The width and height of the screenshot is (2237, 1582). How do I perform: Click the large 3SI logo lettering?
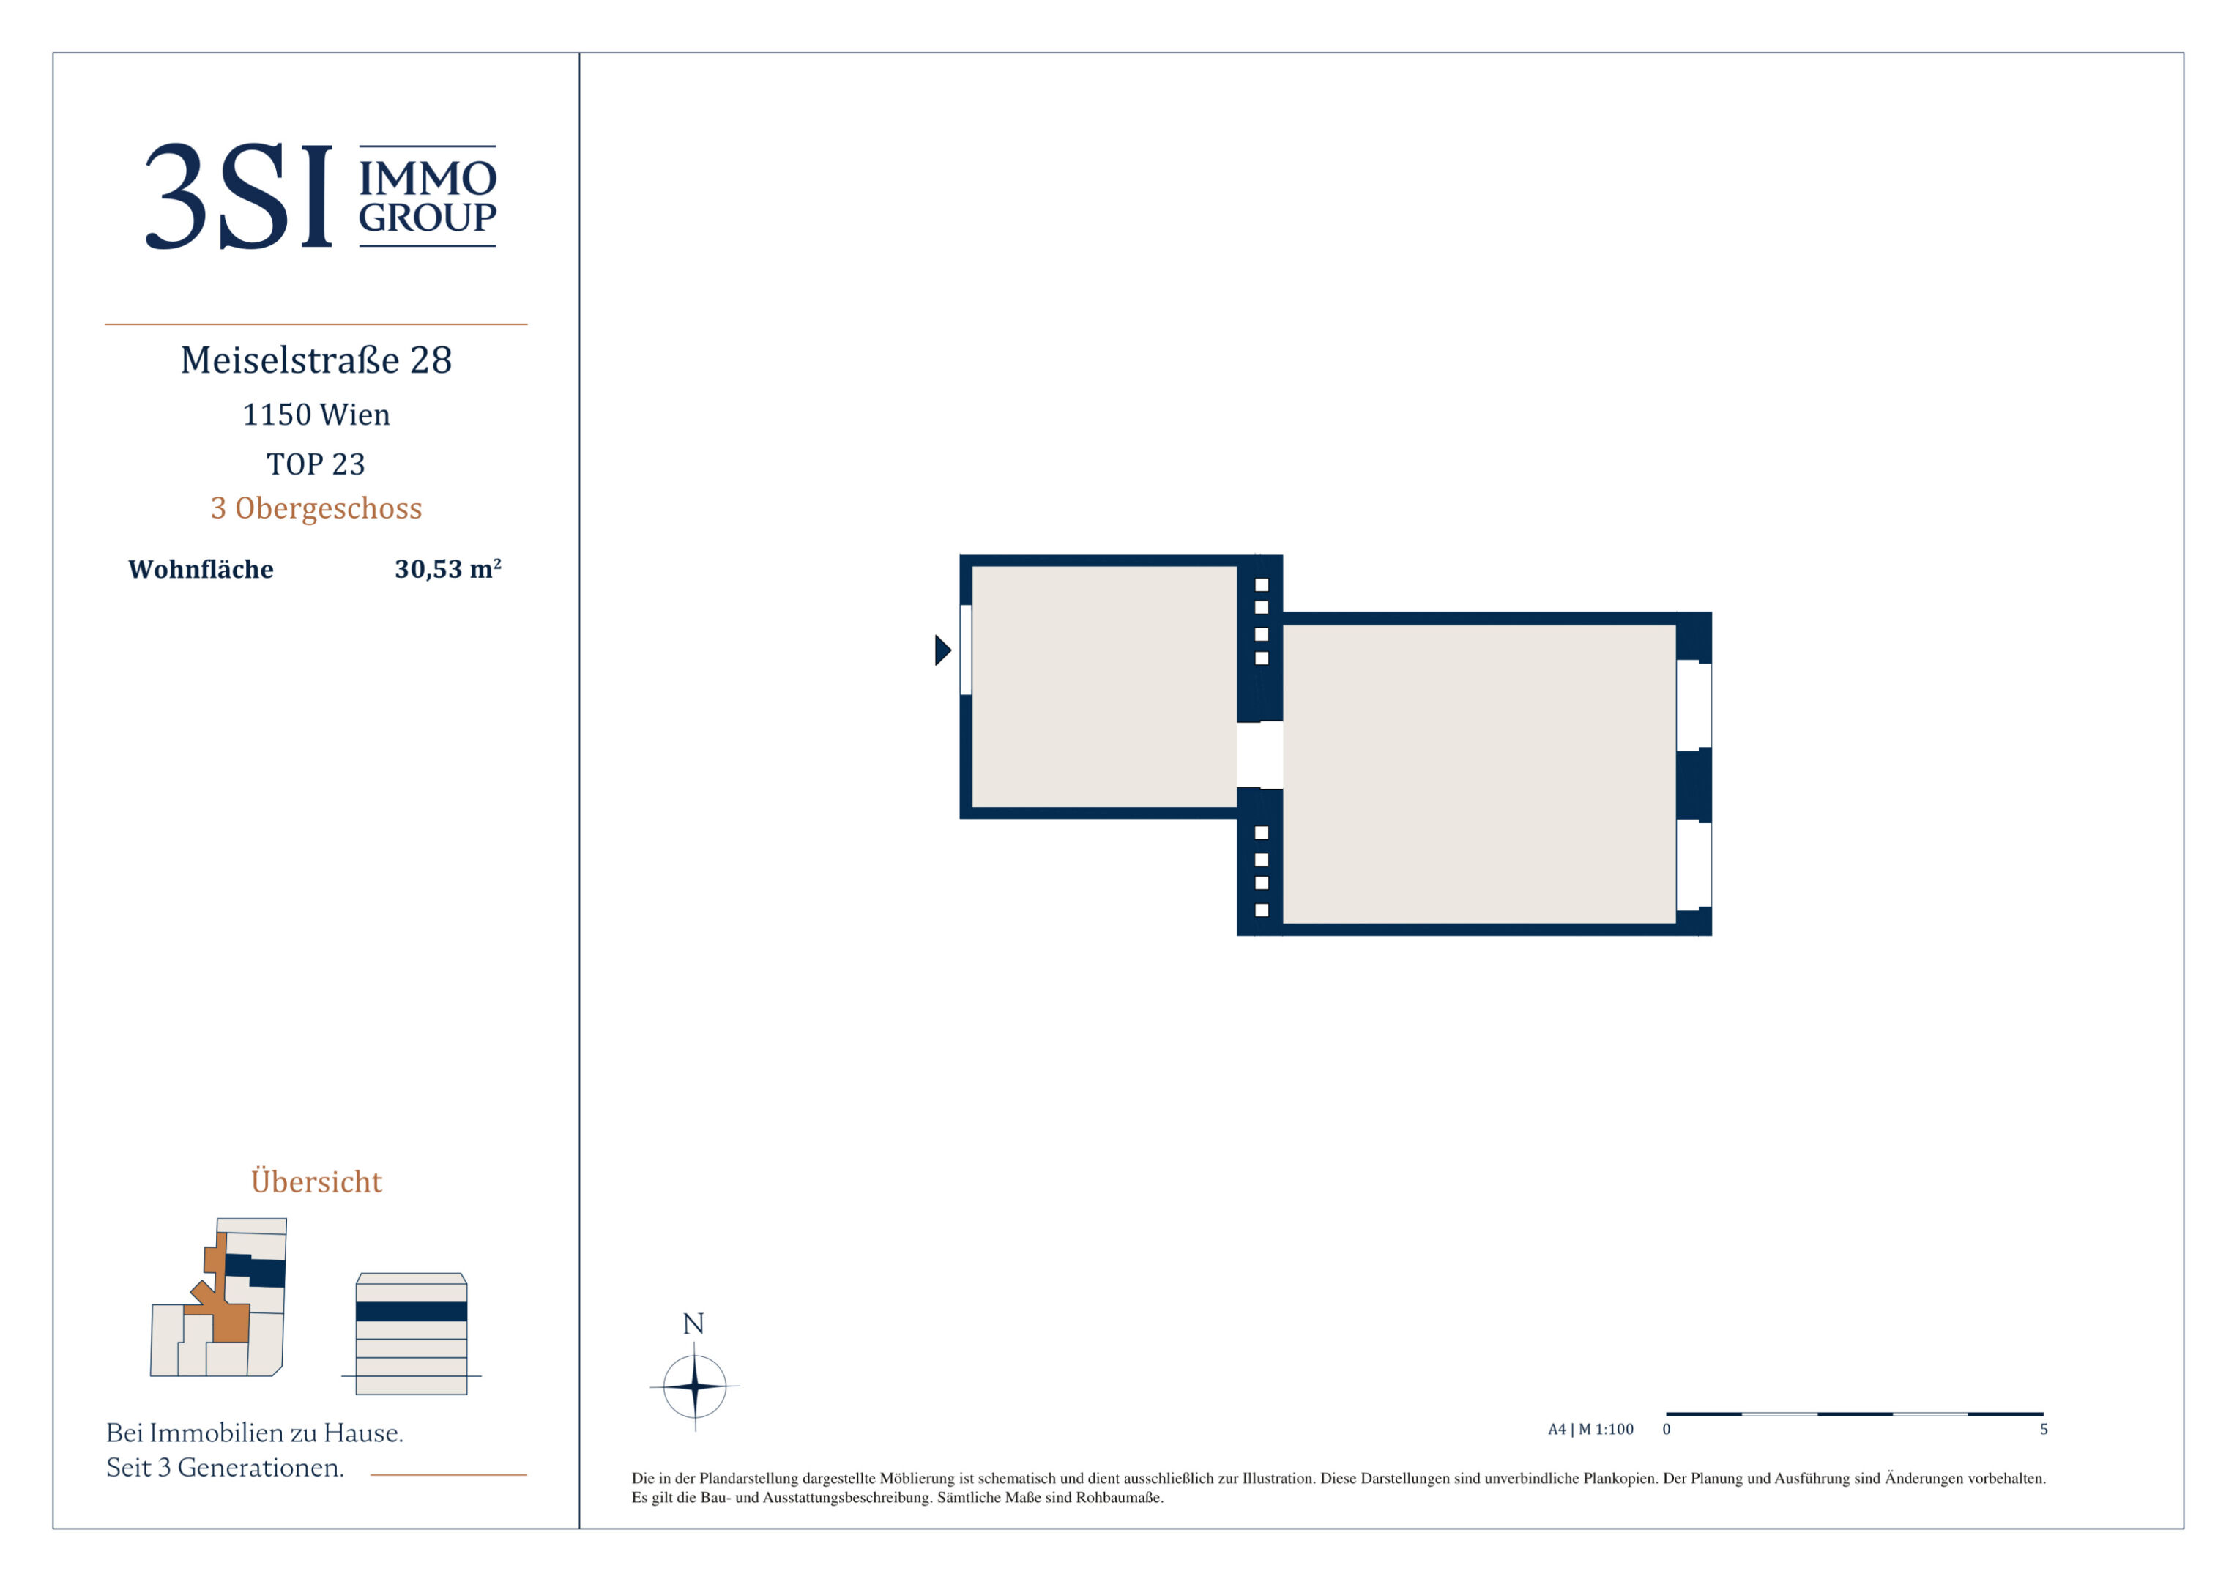point(239,196)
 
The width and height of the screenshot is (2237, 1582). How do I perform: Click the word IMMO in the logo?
point(428,179)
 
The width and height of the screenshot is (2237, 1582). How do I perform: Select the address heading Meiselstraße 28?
point(316,360)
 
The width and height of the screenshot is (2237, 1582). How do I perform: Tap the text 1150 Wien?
point(316,415)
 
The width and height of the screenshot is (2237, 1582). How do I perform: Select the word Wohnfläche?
point(201,569)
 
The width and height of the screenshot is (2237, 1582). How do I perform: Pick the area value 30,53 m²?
point(448,569)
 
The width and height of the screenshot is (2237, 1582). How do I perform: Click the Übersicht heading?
point(316,1181)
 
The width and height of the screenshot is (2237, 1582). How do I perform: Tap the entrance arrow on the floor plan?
point(942,650)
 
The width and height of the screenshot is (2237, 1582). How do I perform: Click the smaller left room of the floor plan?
point(1104,687)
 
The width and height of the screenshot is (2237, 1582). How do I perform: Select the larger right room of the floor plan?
point(1478,774)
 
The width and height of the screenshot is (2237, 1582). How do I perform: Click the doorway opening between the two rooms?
point(1259,755)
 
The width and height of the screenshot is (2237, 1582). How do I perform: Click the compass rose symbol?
point(695,1386)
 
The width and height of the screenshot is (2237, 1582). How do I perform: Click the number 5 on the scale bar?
point(2044,1430)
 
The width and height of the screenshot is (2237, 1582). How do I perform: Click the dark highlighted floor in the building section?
point(412,1312)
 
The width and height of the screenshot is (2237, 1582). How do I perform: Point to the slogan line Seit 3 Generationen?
point(225,1468)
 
